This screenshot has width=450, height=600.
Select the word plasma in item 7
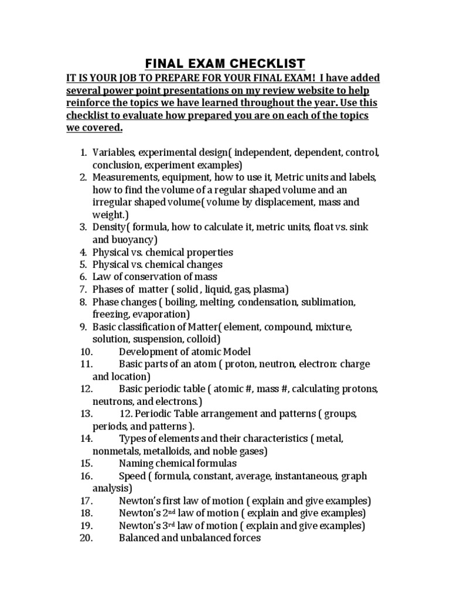click(270, 289)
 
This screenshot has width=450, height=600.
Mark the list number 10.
click(86, 351)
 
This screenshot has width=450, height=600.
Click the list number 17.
click(86, 500)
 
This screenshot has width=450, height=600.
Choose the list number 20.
click(86, 537)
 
